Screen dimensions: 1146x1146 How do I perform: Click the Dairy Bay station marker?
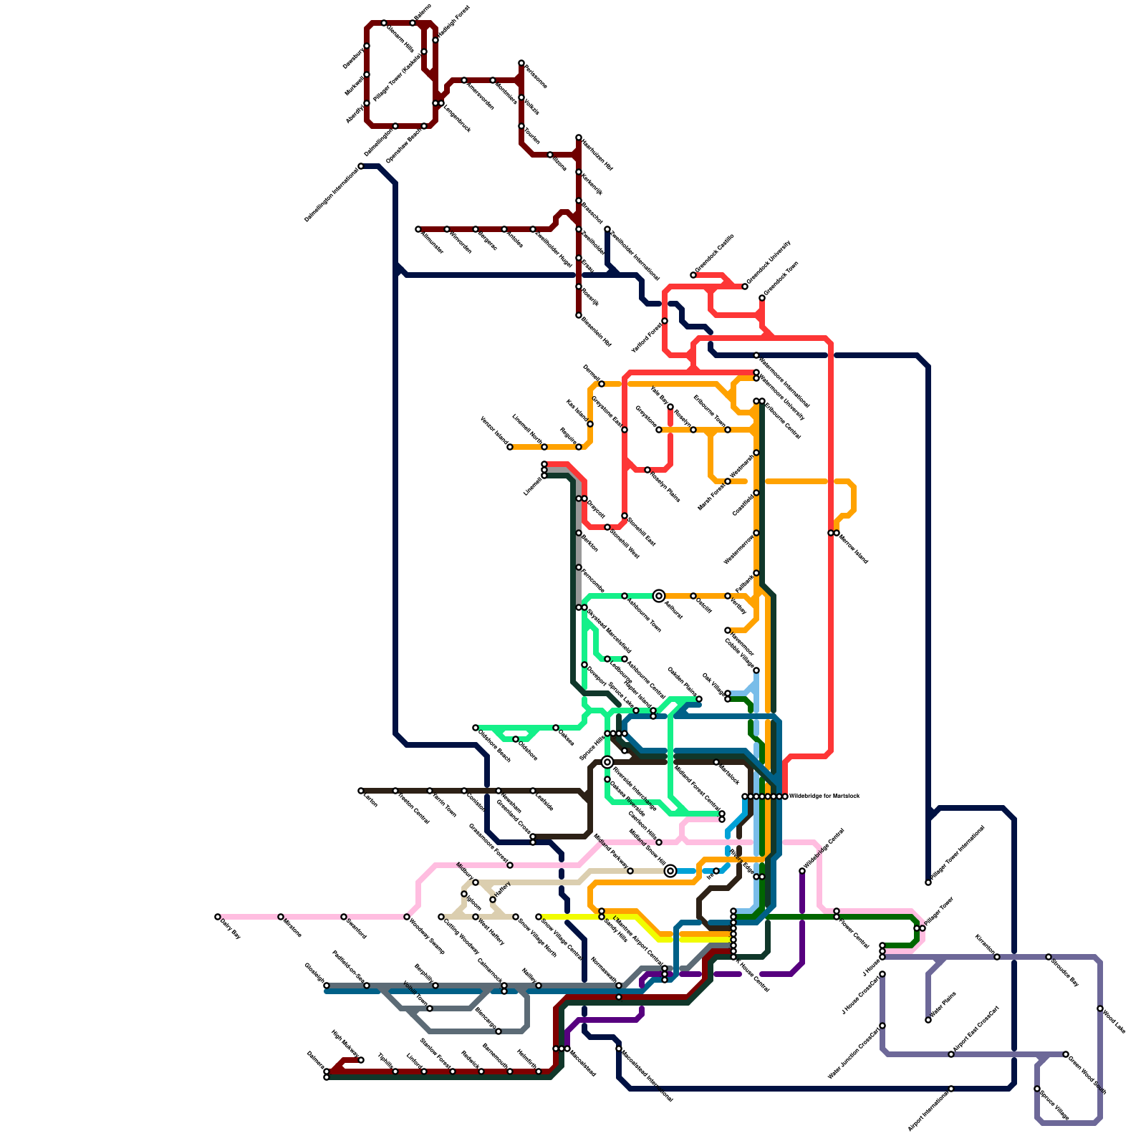tap(218, 917)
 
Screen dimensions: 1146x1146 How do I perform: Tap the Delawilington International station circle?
tap(361, 166)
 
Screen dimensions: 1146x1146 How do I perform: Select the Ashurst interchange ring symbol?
tap(659, 596)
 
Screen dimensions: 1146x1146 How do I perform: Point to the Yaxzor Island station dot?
tap(510, 447)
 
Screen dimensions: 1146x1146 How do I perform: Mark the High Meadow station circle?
tap(361, 1060)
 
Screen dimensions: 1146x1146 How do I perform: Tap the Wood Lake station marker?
tap(1100, 1008)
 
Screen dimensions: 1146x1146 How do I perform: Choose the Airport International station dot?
tap(951, 1089)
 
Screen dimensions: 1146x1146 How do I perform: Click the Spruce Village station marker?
tap(1037, 1089)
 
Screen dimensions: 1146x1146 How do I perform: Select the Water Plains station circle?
tap(928, 1020)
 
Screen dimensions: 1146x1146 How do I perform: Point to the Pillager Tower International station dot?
tap(928, 882)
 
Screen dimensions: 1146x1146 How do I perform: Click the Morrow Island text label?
tap(853, 549)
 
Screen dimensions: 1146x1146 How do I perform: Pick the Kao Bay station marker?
tap(670, 407)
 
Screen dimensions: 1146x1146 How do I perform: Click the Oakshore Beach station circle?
tap(476, 728)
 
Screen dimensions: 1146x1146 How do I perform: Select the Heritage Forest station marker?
tap(435, 40)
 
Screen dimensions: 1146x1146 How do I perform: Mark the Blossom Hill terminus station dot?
tap(579, 315)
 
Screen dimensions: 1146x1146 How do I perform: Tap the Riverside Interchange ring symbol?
tap(607, 762)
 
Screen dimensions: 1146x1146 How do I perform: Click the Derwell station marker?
tap(602, 384)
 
